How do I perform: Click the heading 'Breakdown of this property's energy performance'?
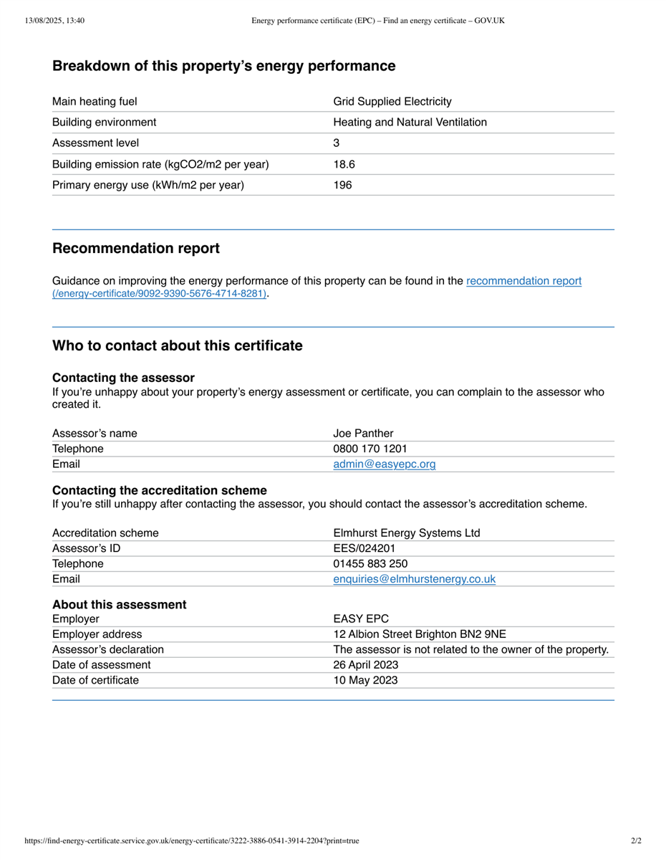pos(223,66)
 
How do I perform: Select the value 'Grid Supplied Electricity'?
pos(392,102)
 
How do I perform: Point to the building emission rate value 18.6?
pos(344,164)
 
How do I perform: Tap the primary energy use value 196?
pos(342,185)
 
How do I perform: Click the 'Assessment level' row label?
pos(95,143)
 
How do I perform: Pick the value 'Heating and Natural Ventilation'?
pos(410,123)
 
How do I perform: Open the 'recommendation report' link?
pos(523,281)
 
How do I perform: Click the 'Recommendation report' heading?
pos(136,249)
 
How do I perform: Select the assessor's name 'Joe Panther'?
pos(363,433)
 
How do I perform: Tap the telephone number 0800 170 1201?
pos(370,449)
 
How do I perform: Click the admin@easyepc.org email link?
pos(384,464)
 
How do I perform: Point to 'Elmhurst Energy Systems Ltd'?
pos(406,532)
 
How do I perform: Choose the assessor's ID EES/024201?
pos(364,548)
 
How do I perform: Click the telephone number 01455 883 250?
pos(370,563)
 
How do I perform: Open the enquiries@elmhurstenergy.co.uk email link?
pos(414,579)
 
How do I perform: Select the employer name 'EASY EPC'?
pos(361,619)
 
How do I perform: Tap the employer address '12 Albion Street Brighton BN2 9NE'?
pos(419,634)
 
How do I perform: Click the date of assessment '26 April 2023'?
pos(366,664)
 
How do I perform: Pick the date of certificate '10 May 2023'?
pos(365,680)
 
